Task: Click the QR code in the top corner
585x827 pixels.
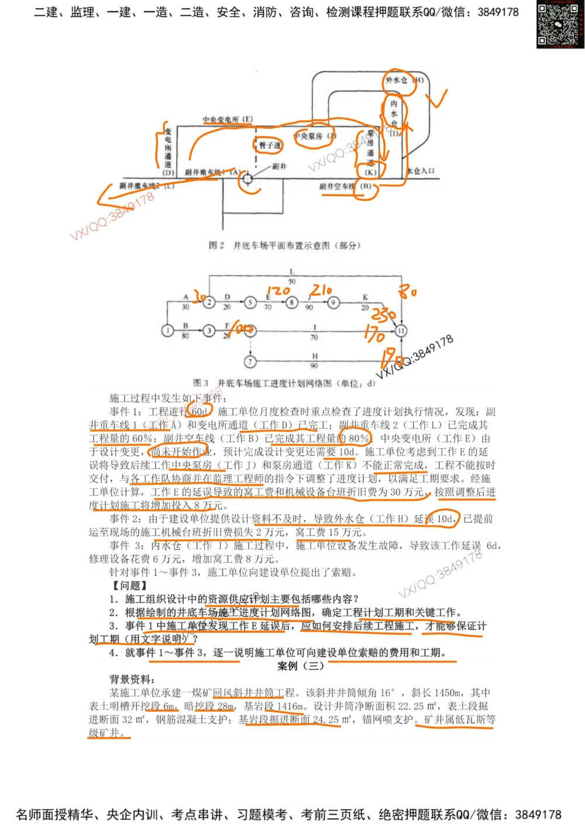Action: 559,25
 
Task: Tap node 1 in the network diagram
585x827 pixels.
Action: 168,331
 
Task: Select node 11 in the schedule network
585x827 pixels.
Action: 401,331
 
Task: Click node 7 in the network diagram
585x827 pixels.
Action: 250,361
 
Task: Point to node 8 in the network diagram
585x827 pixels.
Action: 291,303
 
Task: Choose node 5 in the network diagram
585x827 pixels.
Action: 250,303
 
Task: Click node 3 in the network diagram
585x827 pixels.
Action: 209,331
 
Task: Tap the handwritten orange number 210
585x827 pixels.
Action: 321,289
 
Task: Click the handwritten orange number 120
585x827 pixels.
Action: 278,290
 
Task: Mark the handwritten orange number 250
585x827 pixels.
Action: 383,316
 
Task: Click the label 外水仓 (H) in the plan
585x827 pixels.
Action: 403,80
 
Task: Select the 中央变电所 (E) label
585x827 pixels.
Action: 228,119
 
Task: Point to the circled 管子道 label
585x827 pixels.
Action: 270,145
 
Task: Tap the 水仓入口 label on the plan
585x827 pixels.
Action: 421,171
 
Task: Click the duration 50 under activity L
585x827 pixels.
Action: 292,282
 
